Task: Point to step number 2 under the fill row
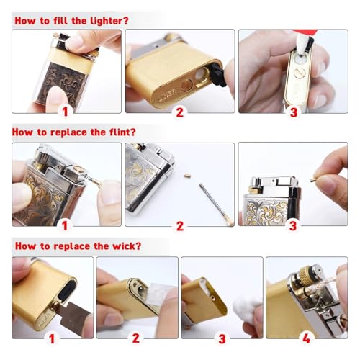click(x=180, y=112)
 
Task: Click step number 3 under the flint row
click(x=293, y=226)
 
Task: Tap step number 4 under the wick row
click(x=306, y=338)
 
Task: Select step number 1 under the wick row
click(x=52, y=339)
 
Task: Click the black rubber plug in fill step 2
click(x=219, y=75)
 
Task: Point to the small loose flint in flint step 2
click(x=186, y=176)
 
